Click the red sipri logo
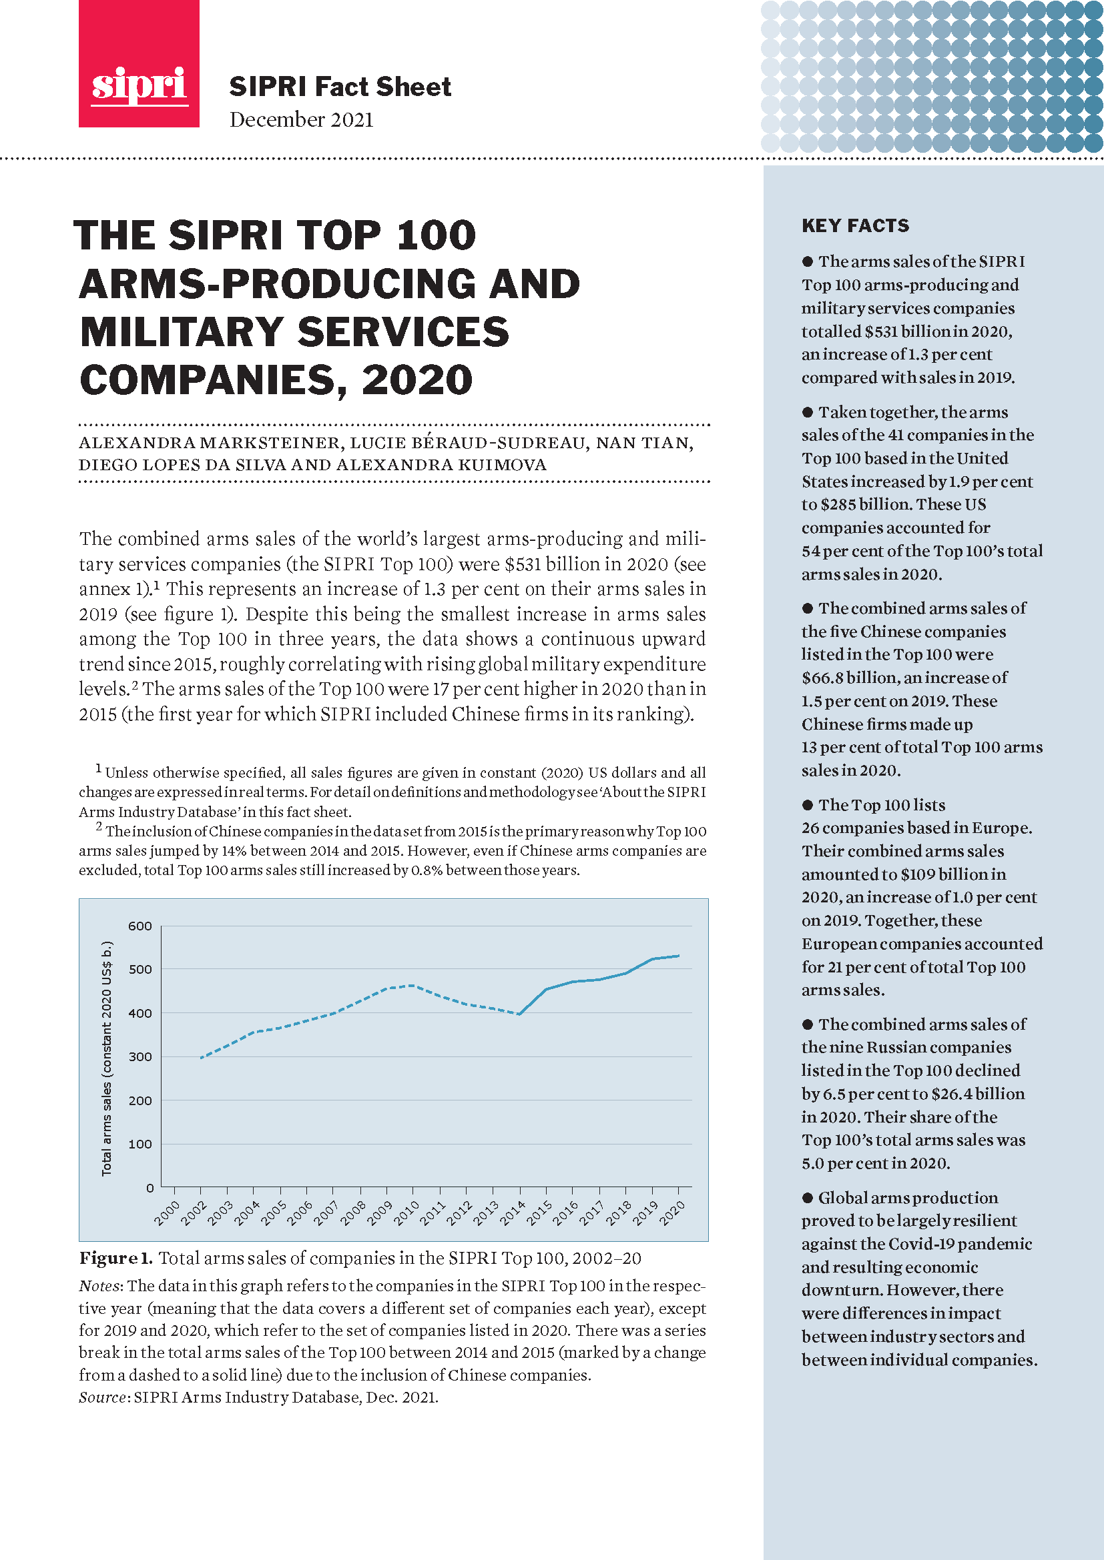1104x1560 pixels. click(x=139, y=64)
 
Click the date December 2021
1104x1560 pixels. click(x=301, y=119)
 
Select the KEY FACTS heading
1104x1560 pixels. click(x=854, y=225)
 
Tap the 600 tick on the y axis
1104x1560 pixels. click(x=140, y=926)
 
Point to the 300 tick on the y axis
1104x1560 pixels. click(x=140, y=1056)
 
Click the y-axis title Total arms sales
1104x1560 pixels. click(x=107, y=1058)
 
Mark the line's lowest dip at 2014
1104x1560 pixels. click(x=519, y=1014)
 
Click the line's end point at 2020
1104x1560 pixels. click(x=678, y=956)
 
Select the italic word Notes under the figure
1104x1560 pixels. click(x=101, y=1286)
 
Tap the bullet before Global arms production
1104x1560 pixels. click(x=808, y=1198)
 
